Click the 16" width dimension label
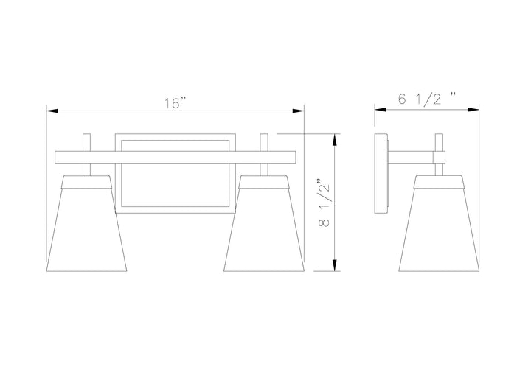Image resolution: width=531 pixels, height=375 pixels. (176, 103)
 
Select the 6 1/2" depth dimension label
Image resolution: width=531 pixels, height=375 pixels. (427, 99)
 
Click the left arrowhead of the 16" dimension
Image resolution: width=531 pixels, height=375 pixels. (52, 111)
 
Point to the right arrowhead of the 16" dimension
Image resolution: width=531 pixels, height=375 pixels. (299, 111)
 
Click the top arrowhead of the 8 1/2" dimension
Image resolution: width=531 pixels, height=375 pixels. (335, 139)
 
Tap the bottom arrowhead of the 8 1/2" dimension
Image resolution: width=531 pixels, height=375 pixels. (335, 265)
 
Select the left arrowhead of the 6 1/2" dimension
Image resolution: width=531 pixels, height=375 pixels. (381, 110)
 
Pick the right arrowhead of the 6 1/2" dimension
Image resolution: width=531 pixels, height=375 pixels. (473, 110)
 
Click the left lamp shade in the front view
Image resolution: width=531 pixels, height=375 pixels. (86, 223)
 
